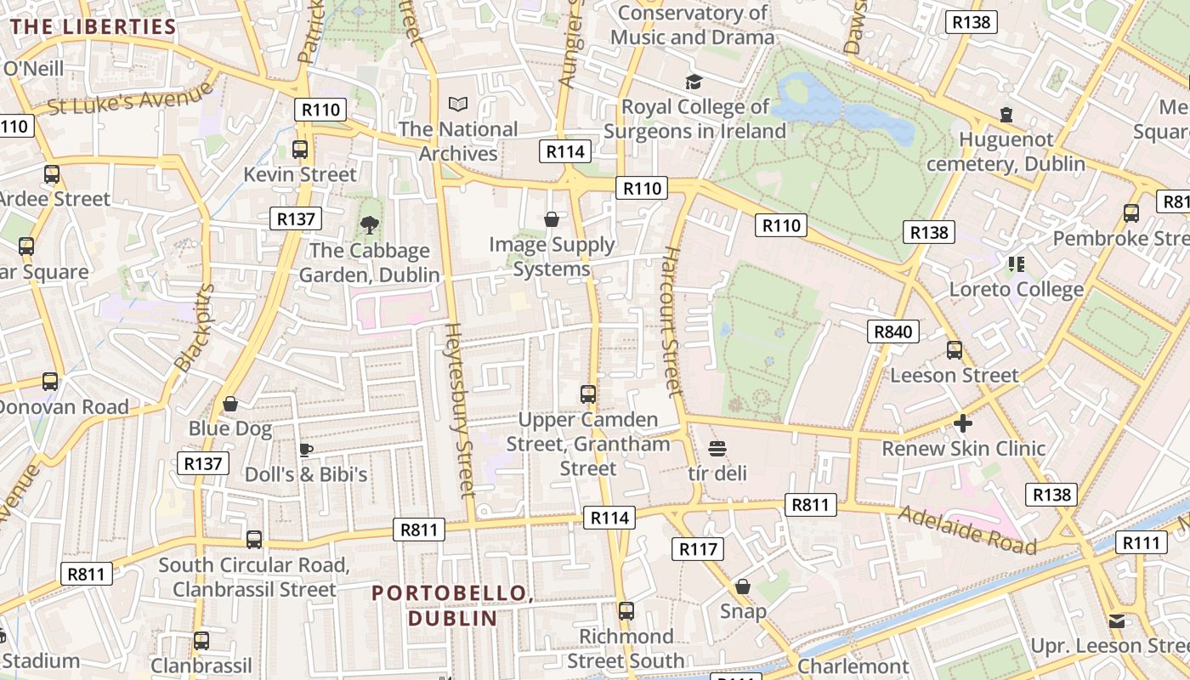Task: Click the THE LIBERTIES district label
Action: point(93,26)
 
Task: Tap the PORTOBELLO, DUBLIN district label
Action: point(452,605)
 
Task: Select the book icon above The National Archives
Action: point(458,105)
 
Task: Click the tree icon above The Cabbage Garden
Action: point(369,225)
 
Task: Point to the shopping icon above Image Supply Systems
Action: point(552,220)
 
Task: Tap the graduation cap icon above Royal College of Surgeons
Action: point(694,82)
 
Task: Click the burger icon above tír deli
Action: point(717,448)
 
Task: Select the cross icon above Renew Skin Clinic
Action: point(962,422)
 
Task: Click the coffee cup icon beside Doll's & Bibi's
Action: point(306,450)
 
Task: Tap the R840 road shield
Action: point(893,331)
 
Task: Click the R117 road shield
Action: point(698,549)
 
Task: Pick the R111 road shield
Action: point(1142,542)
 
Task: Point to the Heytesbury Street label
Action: point(459,410)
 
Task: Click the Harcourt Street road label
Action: point(672,321)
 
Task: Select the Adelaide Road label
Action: point(967,529)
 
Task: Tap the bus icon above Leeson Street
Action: point(955,350)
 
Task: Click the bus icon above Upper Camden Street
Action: point(588,394)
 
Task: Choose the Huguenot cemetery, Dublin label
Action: point(1006,151)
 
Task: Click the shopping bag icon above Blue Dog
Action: point(230,404)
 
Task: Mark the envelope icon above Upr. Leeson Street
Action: point(1117,621)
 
